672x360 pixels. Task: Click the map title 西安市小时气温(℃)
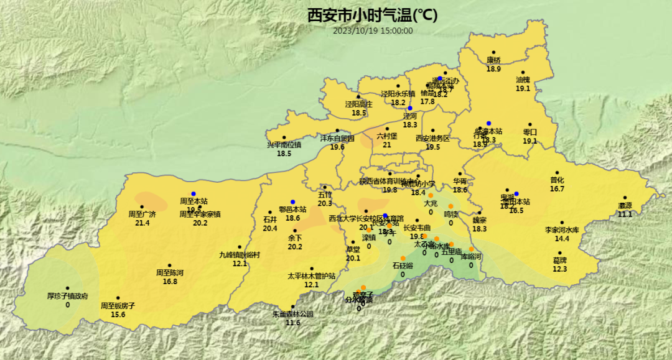(x=372, y=15)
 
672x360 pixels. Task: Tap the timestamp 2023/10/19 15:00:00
(x=373, y=30)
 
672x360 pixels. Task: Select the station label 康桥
(x=493, y=60)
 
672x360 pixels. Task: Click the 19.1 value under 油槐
(x=523, y=88)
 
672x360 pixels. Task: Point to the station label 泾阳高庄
(x=359, y=104)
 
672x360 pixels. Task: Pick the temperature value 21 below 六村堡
(x=386, y=145)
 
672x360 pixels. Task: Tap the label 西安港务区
(x=432, y=139)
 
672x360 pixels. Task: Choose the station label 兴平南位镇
(x=284, y=145)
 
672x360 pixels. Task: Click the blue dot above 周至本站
(x=194, y=193)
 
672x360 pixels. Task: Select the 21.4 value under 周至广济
(x=142, y=223)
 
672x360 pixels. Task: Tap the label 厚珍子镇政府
(x=67, y=296)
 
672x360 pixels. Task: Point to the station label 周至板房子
(x=118, y=306)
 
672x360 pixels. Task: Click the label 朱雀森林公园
(x=293, y=314)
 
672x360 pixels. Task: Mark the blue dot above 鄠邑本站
(x=292, y=201)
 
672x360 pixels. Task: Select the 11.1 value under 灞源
(x=625, y=214)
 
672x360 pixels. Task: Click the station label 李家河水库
(x=562, y=230)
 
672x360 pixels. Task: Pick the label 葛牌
(x=560, y=260)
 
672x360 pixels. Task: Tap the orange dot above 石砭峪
(x=403, y=258)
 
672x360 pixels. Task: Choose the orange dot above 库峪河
(x=471, y=249)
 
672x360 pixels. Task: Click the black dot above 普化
(x=557, y=173)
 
